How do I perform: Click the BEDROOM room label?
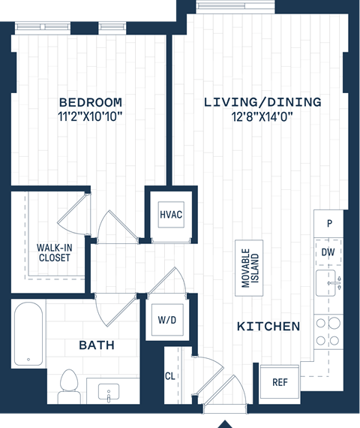[90, 102]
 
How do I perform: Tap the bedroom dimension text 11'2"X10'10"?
[90, 116]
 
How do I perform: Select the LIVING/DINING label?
[262, 102]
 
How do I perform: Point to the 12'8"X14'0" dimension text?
[262, 116]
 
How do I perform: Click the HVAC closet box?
[171, 214]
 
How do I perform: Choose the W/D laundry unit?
[167, 321]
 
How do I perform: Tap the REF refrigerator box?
[280, 382]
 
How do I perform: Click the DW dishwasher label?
[328, 253]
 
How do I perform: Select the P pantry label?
[328, 224]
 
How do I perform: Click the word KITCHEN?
[268, 327]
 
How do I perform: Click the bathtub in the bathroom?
[28, 334]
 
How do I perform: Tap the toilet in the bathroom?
[69, 383]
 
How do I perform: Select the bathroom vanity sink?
[109, 392]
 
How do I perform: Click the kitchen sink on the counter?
[328, 284]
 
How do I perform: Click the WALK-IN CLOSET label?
[54, 252]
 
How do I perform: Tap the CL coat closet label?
[170, 377]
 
